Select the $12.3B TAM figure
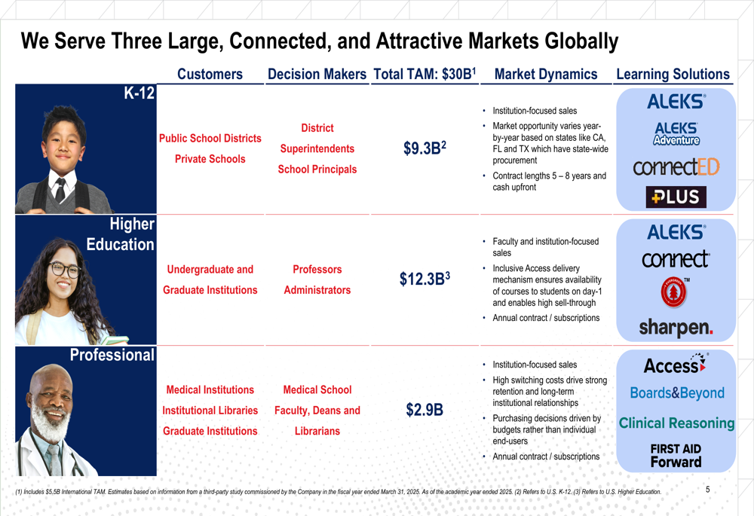(x=425, y=279)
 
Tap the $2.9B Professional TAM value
(x=425, y=410)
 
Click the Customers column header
(x=210, y=74)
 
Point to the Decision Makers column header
(x=317, y=74)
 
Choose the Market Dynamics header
(x=546, y=74)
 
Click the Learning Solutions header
(x=673, y=74)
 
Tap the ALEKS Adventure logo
(x=676, y=134)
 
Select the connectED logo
(x=676, y=166)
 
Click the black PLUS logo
(x=676, y=197)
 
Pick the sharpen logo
(x=676, y=328)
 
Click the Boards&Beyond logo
(x=676, y=393)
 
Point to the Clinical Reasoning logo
(x=676, y=423)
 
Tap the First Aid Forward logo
(x=676, y=455)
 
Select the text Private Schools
(x=210, y=159)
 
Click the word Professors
(x=317, y=269)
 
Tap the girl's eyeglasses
(x=65, y=269)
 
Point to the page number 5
(x=708, y=490)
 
